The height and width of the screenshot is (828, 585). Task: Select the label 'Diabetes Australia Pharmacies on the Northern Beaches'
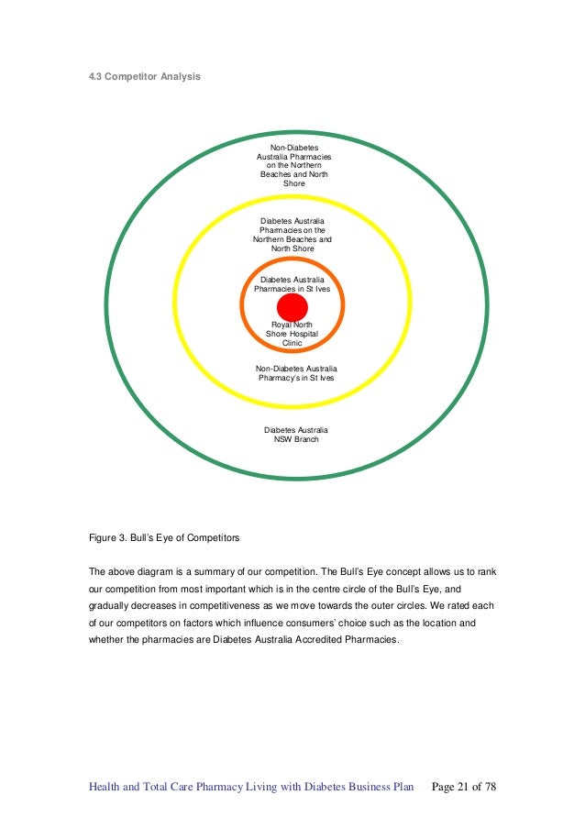[292, 235]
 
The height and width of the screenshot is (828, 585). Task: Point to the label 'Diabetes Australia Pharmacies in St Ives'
[292, 283]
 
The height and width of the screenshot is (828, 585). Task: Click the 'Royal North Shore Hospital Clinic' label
[292, 334]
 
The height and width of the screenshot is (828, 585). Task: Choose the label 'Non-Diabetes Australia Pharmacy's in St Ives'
[296, 372]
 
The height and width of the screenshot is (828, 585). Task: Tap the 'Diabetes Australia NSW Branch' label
[295, 435]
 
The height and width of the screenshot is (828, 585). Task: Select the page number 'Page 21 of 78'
[463, 787]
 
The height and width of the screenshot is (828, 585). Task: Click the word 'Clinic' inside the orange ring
[292, 343]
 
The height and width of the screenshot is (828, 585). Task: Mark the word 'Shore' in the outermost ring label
[293, 183]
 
